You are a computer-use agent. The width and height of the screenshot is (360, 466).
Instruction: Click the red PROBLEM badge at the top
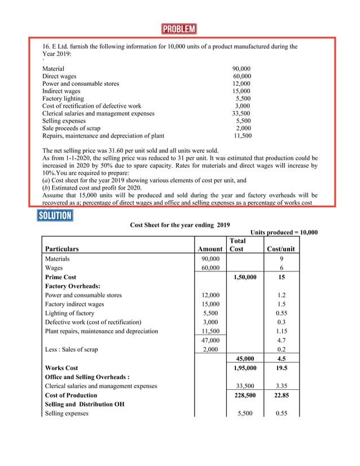coord(179,29)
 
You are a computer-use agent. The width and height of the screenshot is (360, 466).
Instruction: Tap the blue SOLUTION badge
coord(55,215)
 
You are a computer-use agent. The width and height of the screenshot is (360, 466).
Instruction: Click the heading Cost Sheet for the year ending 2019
coord(180,225)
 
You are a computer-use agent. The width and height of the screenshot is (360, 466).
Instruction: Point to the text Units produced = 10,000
coord(284,232)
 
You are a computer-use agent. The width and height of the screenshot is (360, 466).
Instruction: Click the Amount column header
coord(210,248)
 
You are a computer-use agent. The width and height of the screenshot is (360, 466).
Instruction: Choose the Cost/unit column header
coord(280,248)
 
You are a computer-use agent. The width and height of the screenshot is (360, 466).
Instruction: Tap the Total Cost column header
coord(236,244)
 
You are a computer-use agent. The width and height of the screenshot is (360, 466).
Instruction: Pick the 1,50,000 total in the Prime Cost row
coord(244,277)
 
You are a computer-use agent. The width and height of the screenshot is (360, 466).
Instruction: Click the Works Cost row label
coord(62,368)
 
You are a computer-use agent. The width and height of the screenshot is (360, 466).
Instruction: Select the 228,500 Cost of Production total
coord(244,395)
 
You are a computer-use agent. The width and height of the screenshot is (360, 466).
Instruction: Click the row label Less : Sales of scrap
coord(71,349)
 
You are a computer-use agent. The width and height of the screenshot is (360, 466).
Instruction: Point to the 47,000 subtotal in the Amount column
coord(210,340)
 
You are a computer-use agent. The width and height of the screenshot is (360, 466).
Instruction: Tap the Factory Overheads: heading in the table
coord(72,286)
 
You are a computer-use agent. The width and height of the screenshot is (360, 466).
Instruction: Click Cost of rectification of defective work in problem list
coord(92,106)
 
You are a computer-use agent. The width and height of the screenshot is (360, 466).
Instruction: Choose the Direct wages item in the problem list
coord(59,76)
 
